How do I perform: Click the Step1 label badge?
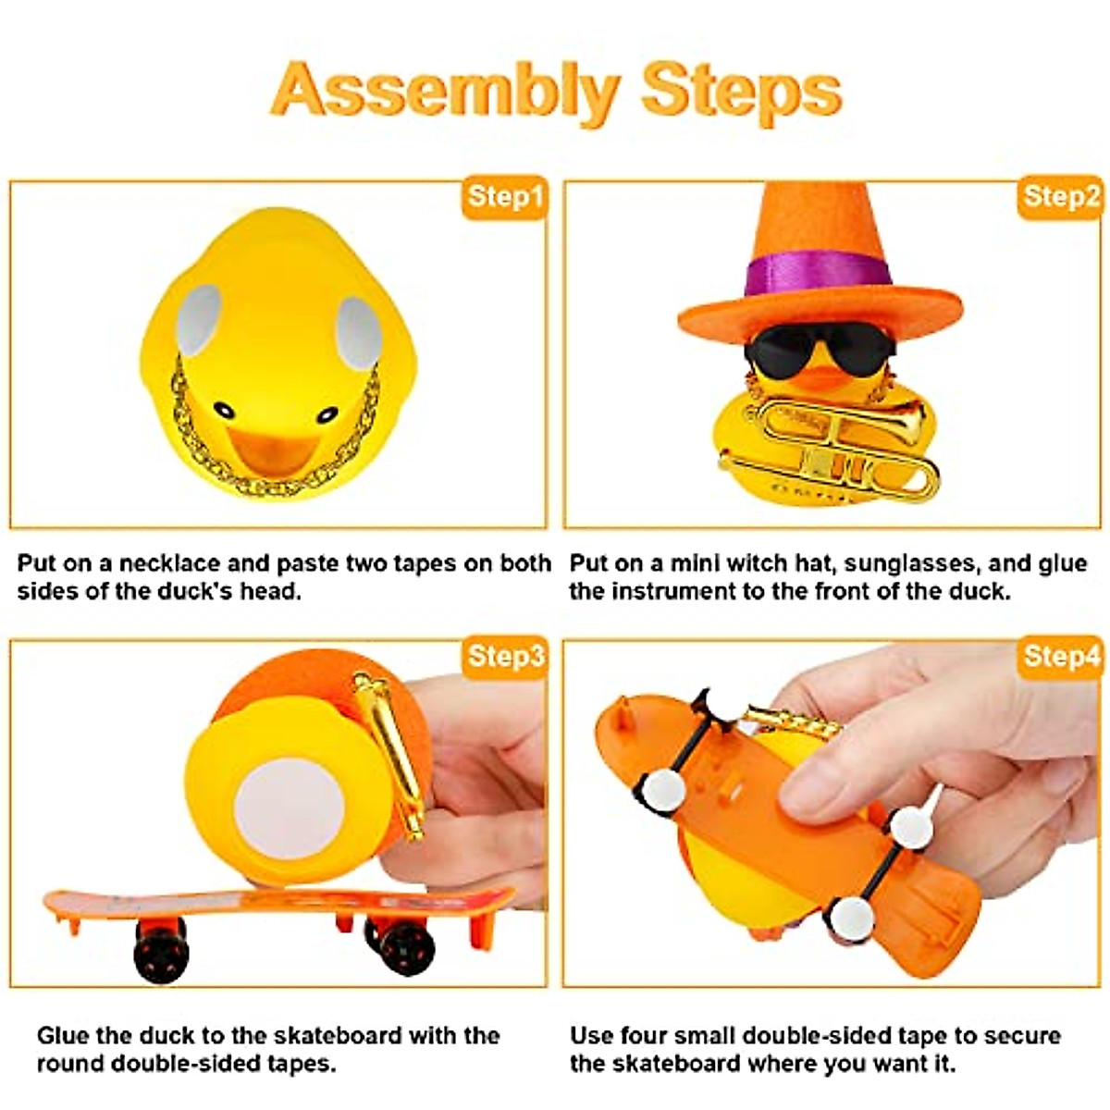pyautogui.click(x=504, y=197)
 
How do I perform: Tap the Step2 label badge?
pyautogui.click(x=1061, y=197)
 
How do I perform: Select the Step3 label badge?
pyautogui.click(x=504, y=657)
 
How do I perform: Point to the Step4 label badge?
pyautogui.click(x=1061, y=657)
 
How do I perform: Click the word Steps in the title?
pyautogui.click(x=741, y=90)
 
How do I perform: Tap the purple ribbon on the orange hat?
pyautogui.click(x=819, y=275)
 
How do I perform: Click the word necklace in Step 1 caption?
pyautogui.click(x=169, y=563)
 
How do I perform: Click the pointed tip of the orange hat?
pyautogui.click(x=784, y=190)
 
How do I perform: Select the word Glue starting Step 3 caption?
pyautogui.click(x=64, y=1035)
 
